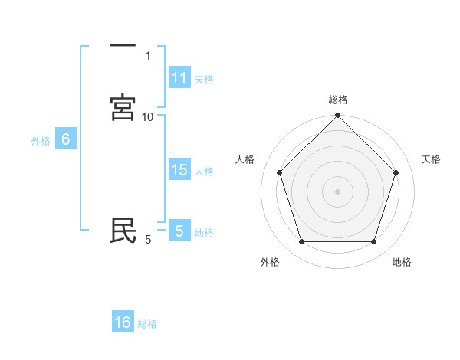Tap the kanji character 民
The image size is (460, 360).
coord(123,231)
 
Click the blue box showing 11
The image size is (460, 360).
coord(179,78)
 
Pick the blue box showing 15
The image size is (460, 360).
coord(179,170)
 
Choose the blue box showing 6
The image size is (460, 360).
coord(66,139)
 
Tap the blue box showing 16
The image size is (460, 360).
coord(123,322)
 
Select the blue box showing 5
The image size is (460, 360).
coord(179,231)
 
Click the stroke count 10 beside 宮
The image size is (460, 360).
coord(148,116)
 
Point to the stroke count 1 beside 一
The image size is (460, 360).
coord(148,55)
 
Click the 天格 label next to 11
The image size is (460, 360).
coord(204,79)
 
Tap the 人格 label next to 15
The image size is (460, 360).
coord(204,172)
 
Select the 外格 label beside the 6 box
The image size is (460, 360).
coord(41,141)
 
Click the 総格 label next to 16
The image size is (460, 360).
coord(147,324)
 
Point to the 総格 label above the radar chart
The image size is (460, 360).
coord(337,100)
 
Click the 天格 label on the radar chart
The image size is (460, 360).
coord(431,159)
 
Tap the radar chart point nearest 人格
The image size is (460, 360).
coord(279,172)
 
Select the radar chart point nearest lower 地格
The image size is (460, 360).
coord(374,242)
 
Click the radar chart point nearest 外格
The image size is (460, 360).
coord(301,242)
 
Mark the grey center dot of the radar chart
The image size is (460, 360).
coord(337,191)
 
